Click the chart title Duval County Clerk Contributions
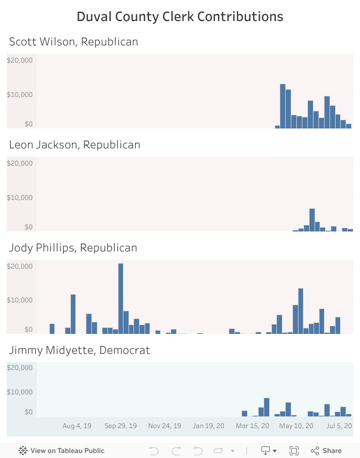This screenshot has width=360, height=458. pos(180,17)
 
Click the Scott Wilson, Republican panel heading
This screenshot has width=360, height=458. pos(74,42)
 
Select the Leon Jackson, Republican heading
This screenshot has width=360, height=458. pos(75,145)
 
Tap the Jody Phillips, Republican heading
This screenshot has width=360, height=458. pos(73,248)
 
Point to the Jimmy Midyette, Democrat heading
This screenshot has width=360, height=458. pos(79,350)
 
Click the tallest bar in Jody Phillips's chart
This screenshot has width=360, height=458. pos(121,298)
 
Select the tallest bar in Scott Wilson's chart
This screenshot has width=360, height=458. pos(282,106)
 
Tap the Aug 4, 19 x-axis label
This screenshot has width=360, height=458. pos(77,426)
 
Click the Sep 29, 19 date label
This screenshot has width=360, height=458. pos(121,426)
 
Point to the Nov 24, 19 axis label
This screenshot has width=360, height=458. pos(164,426)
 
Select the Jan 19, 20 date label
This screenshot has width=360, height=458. pos(208,426)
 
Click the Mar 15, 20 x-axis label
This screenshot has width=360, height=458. pos(253,426)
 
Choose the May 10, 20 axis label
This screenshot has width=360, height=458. pos(296,426)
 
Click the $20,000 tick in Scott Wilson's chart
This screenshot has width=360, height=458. pos(20,60)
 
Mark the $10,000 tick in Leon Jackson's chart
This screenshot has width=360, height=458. pos(20,198)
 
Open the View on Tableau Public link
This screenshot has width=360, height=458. pos(61,451)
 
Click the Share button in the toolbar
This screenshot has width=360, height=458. pos(326,451)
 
